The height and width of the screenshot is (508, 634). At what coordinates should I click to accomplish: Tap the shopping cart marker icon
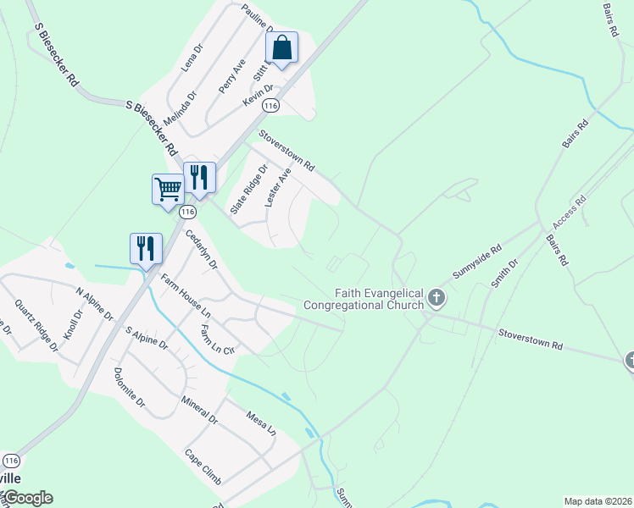tap(168, 189)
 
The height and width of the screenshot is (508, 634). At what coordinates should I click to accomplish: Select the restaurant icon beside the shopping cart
tap(199, 177)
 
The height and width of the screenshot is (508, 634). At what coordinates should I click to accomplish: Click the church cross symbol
tap(437, 297)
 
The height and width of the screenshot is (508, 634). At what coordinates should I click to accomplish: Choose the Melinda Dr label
tap(180, 109)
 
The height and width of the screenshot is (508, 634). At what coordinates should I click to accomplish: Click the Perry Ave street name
tap(231, 75)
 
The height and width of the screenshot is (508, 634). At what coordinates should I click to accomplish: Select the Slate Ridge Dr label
tap(249, 189)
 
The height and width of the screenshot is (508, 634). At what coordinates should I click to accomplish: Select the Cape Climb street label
tap(203, 467)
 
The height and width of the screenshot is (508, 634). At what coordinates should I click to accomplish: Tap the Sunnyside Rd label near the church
tap(477, 262)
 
